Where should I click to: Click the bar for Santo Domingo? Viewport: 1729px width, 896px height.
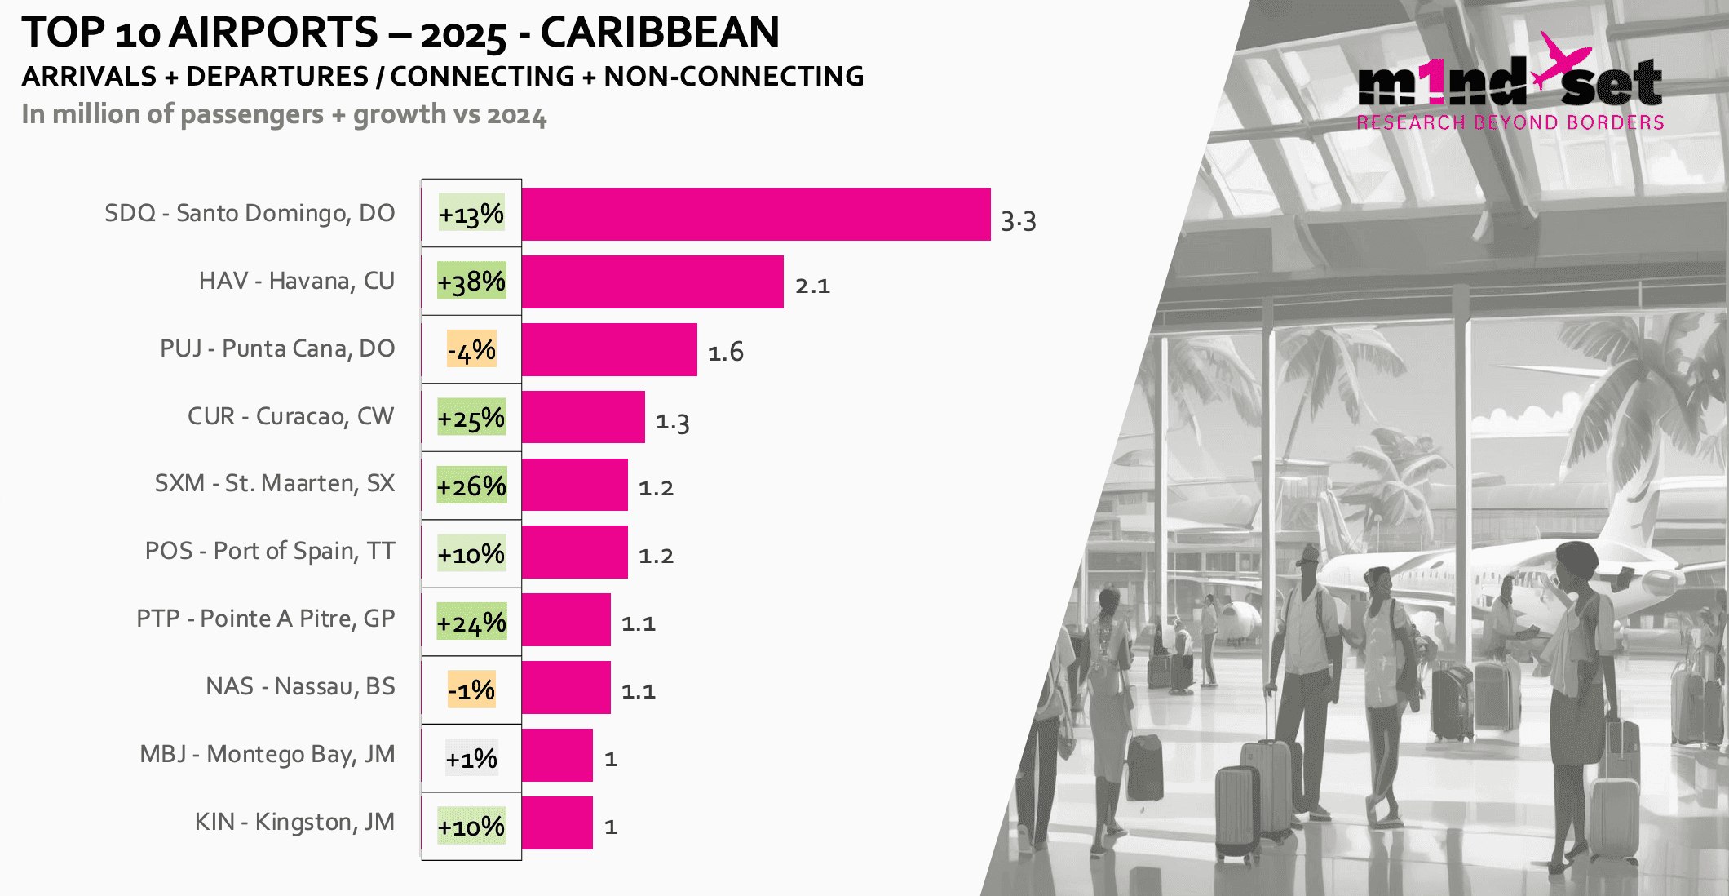pos(756,215)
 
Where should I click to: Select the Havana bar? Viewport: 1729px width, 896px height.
pos(652,282)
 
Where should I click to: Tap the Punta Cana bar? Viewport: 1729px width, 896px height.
pos(609,350)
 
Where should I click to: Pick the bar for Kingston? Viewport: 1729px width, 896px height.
pos(557,823)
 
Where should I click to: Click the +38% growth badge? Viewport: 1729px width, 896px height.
pos(471,282)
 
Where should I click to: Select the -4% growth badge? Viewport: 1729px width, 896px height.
pos(471,350)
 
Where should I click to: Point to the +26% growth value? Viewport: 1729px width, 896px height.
pos(471,486)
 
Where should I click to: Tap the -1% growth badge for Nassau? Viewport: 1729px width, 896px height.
pos(471,690)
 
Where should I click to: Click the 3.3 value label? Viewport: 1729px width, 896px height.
pos(1019,221)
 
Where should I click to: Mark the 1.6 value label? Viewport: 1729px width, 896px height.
pos(725,352)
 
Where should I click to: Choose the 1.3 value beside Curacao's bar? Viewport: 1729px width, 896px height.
pos(673,422)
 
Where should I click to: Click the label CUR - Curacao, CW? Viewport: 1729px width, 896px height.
pos(291,416)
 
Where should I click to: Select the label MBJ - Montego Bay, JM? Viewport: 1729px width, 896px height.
pos(268,754)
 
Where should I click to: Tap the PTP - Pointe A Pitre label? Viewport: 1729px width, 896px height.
pos(266,619)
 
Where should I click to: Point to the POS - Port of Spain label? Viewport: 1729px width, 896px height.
pos(270,551)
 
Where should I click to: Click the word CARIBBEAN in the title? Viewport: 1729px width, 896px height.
pos(660,33)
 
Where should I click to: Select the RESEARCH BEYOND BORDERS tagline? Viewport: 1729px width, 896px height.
pos(1510,122)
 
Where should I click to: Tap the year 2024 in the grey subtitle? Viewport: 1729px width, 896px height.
pos(516,115)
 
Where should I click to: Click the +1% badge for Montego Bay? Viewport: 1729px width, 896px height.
pos(471,759)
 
